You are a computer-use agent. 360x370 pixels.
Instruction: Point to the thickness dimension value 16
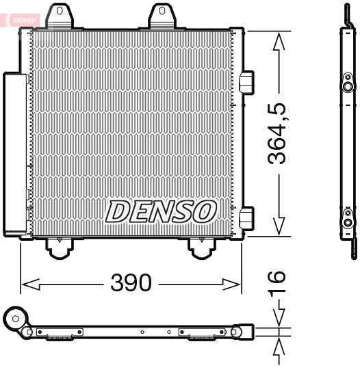[x=275, y=286]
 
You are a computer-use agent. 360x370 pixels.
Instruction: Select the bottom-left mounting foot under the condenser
[x=59, y=248]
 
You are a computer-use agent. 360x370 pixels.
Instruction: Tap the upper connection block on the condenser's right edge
[x=247, y=83]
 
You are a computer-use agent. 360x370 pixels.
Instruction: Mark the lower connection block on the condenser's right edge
[x=247, y=218]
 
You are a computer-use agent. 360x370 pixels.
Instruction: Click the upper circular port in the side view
[x=348, y=87]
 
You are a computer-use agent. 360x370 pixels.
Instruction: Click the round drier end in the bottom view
[x=14, y=318]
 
